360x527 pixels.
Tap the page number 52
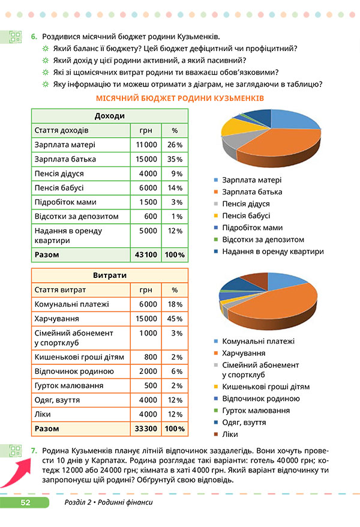[25, 502]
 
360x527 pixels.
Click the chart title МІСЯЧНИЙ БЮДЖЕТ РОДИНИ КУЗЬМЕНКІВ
[181, 98]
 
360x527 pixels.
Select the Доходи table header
[109, 116]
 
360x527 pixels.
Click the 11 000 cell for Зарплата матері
[146, 145]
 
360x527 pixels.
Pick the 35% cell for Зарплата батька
[175, 159]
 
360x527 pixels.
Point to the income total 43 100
[146, 254]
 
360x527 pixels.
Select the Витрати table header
[109, 276]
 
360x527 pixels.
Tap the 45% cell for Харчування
[175, 318]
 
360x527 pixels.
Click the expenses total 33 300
[146, 429]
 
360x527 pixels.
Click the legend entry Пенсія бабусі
[245, 215]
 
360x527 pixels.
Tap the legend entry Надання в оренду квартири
[272, 251]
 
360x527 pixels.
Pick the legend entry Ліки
[230, 434]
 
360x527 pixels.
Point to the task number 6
[34, 37]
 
